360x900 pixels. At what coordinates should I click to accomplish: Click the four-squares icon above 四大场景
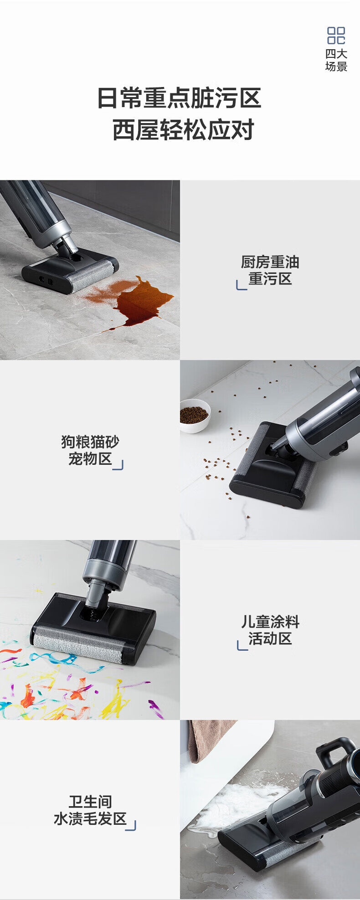click(x=336, y=35)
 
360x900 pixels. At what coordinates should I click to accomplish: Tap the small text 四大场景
click(x=336, y=60)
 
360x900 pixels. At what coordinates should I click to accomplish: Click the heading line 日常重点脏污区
click(x=180, y=98)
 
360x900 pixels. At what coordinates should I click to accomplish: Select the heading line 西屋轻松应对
click(x=183, y=130)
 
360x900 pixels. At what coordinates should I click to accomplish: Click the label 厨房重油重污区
click(x=270, y=270)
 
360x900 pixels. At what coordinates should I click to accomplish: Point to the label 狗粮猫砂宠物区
click(x=90, y=450)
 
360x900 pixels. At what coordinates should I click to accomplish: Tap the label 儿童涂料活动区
click(x=270, y=630)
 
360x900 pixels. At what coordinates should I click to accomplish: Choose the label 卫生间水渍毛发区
click(x=90, y=810)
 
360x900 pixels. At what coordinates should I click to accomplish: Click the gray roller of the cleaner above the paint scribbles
click(x=77, y=646)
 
